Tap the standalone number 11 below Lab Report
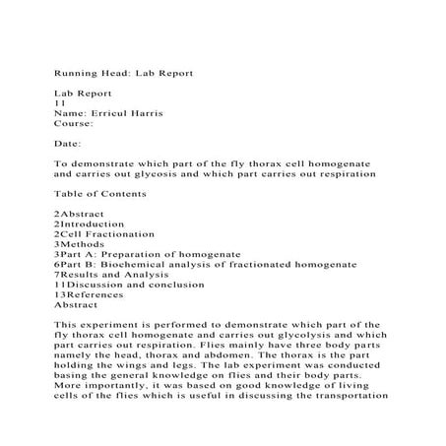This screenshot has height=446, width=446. pyautogui.click(x=60, y=103)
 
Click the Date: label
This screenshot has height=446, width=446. pyautogui.click(x=67, y=145)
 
